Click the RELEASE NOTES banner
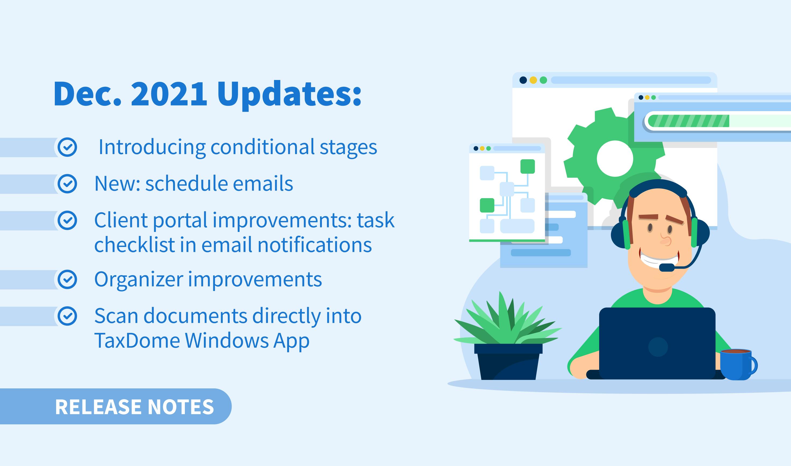click(x=115, y=406)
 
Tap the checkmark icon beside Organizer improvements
click(x=67, y=279)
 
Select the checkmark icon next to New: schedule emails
click(x=67, y=184)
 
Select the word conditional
click(x=262, y=147)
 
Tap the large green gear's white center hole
click(x=615, y=159)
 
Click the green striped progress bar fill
click(x=688, y=121)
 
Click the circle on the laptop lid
click(x=658, y=347)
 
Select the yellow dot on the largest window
click(x=533, y=80)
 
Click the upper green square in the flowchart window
click(x=528, y=166)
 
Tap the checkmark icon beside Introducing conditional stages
click(x=67, y=147)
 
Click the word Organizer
click(x=139, y=280)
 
